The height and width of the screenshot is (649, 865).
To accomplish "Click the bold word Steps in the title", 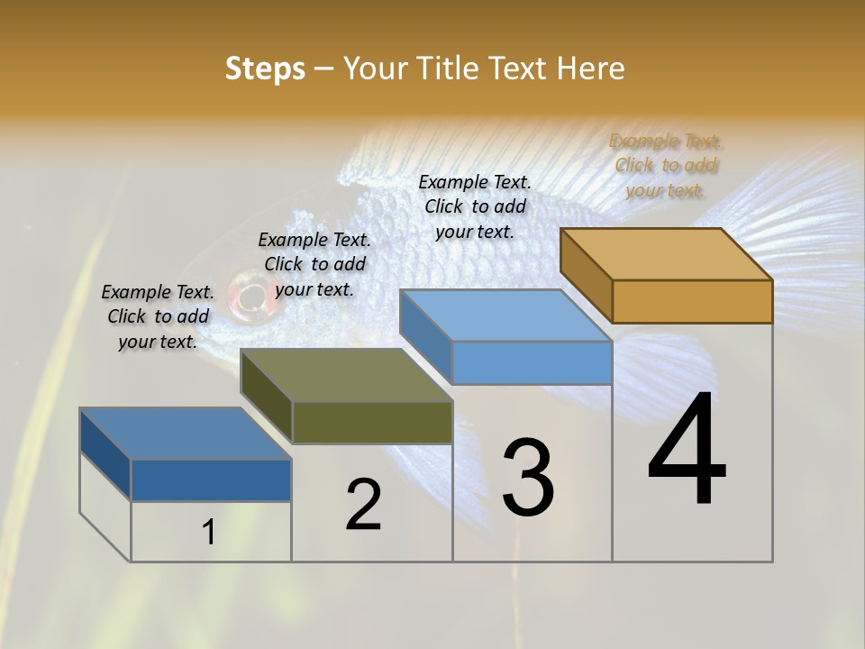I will pos(265,69).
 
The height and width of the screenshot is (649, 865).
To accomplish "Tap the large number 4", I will pos(687,451).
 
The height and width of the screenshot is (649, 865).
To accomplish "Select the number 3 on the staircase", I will pos(528,478).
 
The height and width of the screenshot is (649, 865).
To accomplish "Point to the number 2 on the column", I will pos(364,505).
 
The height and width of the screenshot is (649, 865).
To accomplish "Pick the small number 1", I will pos(209,532).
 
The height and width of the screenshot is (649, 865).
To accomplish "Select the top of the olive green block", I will pos(347,375).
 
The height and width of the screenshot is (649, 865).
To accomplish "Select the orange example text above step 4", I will pos(665,165).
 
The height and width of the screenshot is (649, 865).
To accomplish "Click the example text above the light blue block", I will pos(475,206).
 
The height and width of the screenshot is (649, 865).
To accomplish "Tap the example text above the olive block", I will pos(314,264).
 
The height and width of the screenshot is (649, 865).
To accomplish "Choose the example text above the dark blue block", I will pos(158,316).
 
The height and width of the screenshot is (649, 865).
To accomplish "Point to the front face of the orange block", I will pos(692,301).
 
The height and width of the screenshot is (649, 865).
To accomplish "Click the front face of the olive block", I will pos(372,422).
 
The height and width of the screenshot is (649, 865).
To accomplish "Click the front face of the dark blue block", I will pos(211,480).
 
